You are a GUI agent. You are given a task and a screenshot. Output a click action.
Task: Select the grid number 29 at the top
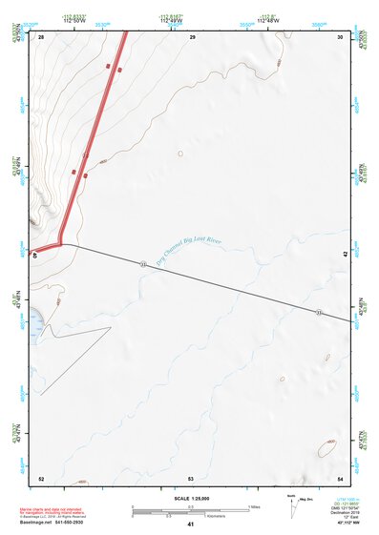pos(192,36)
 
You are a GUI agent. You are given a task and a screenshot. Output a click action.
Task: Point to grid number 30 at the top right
pos(341,36)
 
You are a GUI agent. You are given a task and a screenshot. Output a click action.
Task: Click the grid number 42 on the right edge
pos(345,254)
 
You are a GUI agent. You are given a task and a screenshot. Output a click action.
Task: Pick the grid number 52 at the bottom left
pos(41,478)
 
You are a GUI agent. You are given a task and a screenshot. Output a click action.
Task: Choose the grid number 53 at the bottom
pos(191,478)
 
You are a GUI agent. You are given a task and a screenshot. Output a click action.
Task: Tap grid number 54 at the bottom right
pos(341,478)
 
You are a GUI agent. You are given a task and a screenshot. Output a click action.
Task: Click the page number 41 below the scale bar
pos(191,525)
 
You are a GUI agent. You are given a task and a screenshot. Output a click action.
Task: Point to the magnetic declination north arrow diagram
pos(293,504)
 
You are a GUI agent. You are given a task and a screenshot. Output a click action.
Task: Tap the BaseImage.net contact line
pos(58,523)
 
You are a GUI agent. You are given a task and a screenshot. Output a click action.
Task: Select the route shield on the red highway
pos(86,154)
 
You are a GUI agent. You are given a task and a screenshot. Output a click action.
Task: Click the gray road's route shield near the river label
pos(142,263)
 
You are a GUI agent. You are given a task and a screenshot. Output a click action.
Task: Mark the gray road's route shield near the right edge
pos(319,314)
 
